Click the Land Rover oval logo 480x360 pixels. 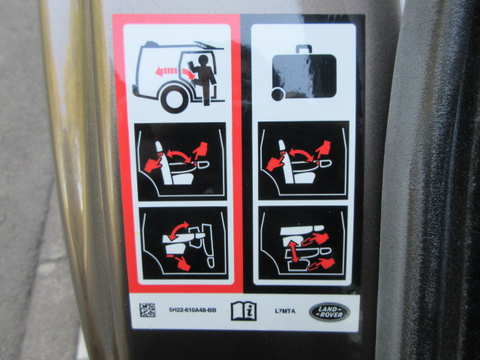click(x=329, y=312)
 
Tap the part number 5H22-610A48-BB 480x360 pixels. click(x=193, y=310)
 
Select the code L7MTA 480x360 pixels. click(x=285, y=311)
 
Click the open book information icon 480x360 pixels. click(x=244, y=310)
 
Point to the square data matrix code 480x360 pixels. click(x=148, y=310)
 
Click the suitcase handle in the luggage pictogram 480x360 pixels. click(x=304, y=49)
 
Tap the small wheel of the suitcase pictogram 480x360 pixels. click(x=278, y=94)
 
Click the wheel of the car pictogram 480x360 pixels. click(x=173, y=100)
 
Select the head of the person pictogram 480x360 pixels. click(x=202, y=60)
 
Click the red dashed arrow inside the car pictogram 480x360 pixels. click(x=175, y=73)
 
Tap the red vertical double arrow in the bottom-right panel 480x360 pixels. click(x=294, y=252)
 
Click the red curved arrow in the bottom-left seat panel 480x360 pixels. click(x=178, y=229)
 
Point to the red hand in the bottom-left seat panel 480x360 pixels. click(x=183, y=263)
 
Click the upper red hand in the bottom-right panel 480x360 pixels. click(x=315, y=239)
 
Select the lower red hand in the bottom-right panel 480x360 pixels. click(x=322, y=264)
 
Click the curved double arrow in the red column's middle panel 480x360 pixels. click(x=178, y=153)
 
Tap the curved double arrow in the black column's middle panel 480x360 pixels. click(x=301, y=152)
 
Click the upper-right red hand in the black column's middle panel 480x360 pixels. click(x=323, y=149)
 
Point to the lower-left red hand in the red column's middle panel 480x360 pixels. click(x=152, y=165)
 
